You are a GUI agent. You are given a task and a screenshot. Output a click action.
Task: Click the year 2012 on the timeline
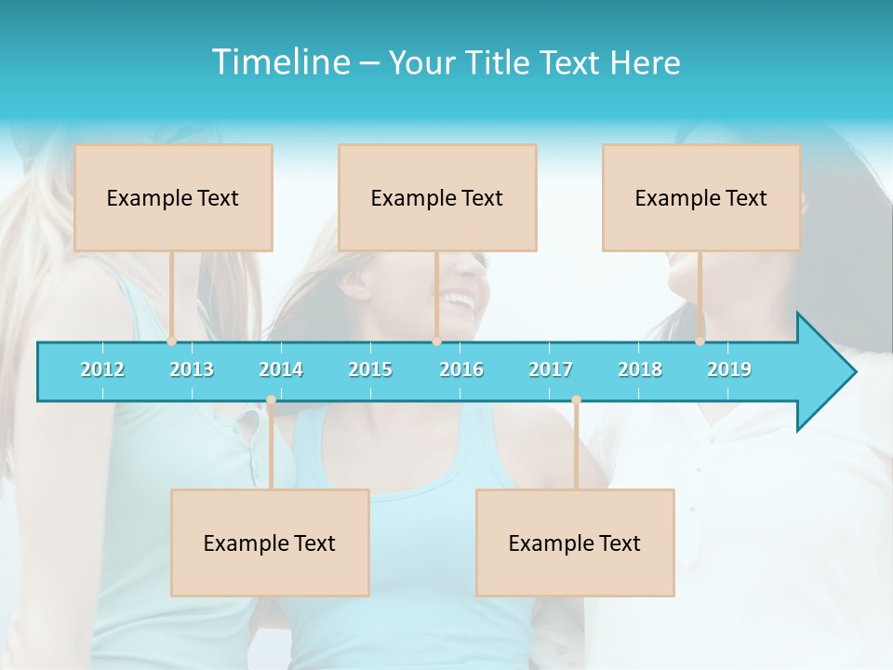tap(102, 369)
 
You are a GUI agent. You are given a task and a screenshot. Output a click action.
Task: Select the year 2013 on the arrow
tap(192, 369)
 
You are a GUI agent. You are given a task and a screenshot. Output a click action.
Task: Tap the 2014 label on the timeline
tap(281, 369)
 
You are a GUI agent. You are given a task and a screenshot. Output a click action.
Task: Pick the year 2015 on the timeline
tap(370, 369)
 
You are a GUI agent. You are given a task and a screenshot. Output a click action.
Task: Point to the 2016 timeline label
tap(461, 369)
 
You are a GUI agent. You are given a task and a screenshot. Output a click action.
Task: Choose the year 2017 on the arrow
tap(551, 369)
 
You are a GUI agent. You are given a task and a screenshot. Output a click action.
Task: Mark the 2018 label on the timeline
tap(640, 369)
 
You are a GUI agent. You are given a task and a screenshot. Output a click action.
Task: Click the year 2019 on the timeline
tap(729, 369)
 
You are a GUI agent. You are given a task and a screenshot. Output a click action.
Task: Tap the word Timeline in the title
tap(278, 62)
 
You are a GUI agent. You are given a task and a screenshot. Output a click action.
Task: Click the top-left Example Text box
tap(173, 197)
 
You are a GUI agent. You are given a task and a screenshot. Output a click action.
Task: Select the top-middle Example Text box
tap(437, 197)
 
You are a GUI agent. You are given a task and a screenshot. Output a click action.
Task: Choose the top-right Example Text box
tap(701, 197)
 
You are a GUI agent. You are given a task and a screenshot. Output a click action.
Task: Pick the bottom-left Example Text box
tap(270, 543)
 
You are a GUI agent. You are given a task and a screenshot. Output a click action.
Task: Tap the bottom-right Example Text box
tap(575, 543)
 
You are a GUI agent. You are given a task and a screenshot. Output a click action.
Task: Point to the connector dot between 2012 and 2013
tap(171, 342)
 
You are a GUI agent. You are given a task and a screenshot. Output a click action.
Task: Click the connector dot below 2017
tap(576, 400)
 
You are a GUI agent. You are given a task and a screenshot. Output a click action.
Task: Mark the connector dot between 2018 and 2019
tap(700, 342)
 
